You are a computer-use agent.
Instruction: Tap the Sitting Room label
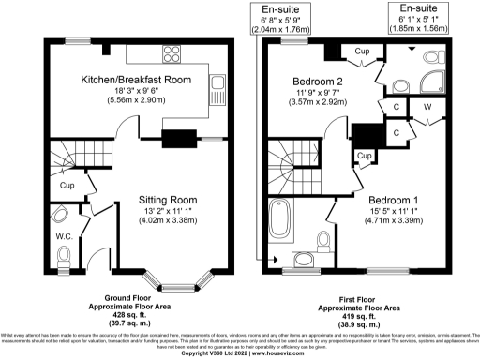coord(167,200)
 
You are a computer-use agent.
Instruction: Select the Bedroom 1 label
coord(394,201)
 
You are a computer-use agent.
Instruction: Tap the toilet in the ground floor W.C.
coord(65,255)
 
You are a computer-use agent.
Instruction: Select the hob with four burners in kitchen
coord(172,52)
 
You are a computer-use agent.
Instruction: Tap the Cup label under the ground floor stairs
coord(67,186)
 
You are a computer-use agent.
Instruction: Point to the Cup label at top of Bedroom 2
coord(361,52)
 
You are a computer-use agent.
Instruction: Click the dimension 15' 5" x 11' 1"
coord(394,212)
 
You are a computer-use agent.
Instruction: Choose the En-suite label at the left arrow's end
coord(279,9)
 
